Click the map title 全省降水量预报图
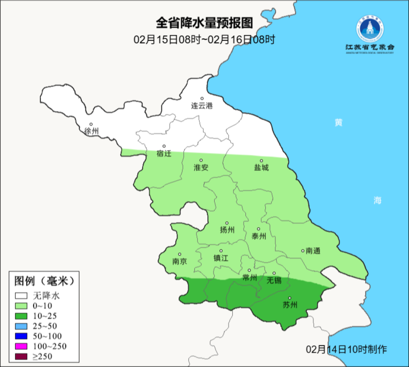click(x=204, y=22)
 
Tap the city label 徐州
click(x=91, y=131)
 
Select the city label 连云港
click(x=202, y=106)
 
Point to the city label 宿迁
click(x=164, y=153)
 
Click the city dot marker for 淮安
click(x=201, y=161)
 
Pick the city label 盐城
click(x=262, y=168)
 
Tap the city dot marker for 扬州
click(x=227, y=223)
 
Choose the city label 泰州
click(x=259, y=236)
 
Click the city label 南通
click(x=313, y=251)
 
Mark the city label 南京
click(x=179, y=261)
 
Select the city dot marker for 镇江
click(x=221, y=251)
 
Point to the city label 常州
click(x=249, y=277)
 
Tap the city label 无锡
click(x=274, y=280)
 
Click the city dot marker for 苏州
click(x=290, y=298)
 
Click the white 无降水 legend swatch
click(x=21, y=295)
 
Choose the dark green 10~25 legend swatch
click(x=21, y=316)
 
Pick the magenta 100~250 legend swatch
click(x=21, y=346)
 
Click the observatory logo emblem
click(x=370, y=29)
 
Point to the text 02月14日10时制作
click(x=347, y=350)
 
